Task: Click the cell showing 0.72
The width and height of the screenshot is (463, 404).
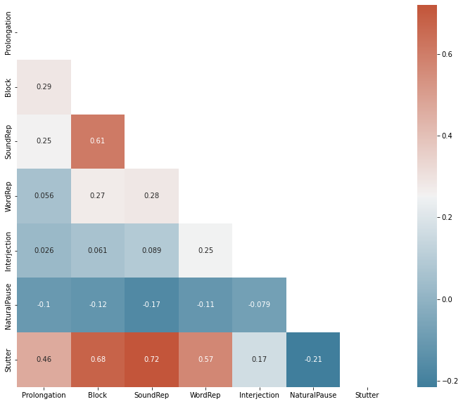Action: point(151,359)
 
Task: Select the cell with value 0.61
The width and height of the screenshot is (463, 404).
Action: point(98,141)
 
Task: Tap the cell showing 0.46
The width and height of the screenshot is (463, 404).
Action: point(44,359)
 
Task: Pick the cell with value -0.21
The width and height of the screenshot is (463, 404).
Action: point(313,359)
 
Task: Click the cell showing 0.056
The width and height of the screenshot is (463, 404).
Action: point(44,196)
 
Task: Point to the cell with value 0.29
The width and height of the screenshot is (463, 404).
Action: point(44,87)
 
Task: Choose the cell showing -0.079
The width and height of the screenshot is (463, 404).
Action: point(259,305)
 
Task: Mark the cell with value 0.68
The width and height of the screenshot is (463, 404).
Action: point(98,359)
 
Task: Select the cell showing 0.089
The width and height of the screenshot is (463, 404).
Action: point(151,250)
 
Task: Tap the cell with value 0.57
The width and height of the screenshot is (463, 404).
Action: point(205,359)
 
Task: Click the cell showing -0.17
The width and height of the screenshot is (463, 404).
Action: point(151,305)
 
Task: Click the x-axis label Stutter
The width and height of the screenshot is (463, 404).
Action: point(367,396)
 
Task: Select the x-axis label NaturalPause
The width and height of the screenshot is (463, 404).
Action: point(313,396)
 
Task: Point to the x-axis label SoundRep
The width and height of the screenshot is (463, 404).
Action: point(151,396)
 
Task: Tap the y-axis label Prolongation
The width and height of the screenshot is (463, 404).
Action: point(8,33)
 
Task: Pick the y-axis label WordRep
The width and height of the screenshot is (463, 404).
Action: point(8,196)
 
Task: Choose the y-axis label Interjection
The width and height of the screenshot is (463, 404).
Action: point(8,250)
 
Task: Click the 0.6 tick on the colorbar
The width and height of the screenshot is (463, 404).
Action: point(446,53)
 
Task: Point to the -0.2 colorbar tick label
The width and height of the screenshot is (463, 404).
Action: point(448,381)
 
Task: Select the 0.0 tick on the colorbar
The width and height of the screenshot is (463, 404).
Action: point(446,299)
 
